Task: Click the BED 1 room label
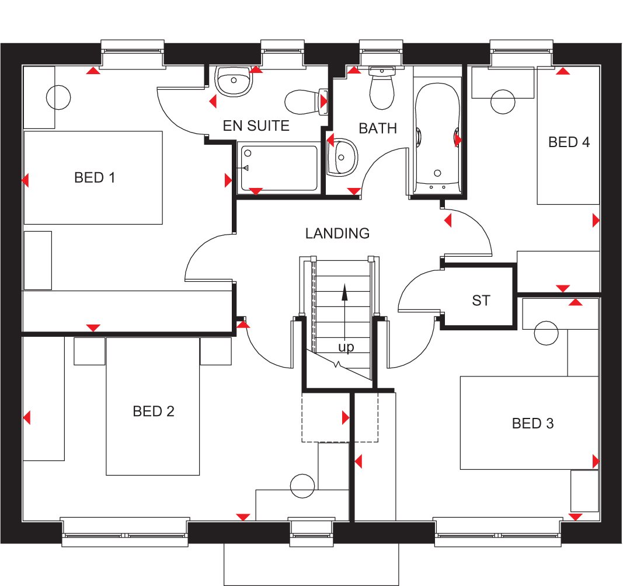click(x=95, y=177)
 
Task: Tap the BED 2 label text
click(x=154, y=411)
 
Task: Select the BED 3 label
click(x=532, y=423)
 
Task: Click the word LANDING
click(x=337, y=233)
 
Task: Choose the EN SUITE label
click(x=256, y=125)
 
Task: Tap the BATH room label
click(x=378, y=128)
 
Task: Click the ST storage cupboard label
click(x=481, y=301)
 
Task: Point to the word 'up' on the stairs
click(x=346, y=347)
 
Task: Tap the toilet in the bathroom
click(x=382, y=91)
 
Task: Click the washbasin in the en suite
click(x=233, y=81)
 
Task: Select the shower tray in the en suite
click(x=278, y=168)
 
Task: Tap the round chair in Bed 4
click(x=503, y=102)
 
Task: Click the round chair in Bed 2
click(x=302, y=486)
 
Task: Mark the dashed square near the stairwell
click(x=325, y=417)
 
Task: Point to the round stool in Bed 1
click(x=58, y=97)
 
